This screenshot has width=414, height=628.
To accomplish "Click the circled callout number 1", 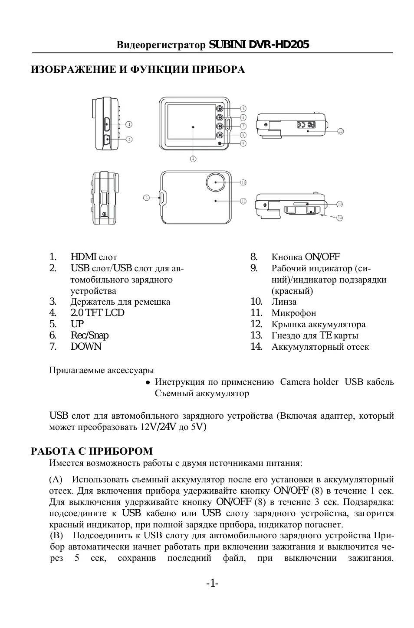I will pos(129,124).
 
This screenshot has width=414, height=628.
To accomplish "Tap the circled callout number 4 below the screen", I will pos(193,158).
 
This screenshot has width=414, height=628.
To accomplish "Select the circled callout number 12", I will pos(340,130).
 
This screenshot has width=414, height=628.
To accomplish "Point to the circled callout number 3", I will pos(147,197).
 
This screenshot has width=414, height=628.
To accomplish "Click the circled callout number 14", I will pos(339,218).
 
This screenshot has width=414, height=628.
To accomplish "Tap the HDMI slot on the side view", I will pos(107,124).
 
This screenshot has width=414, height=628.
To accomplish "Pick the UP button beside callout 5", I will pos(221,109).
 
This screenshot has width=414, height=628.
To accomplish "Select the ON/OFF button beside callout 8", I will pos(221,135).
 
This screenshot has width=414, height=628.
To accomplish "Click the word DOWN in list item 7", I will pos(86,347).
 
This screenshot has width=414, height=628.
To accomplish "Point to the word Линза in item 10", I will pos(284,302).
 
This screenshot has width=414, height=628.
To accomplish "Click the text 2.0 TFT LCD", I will pos(97,313).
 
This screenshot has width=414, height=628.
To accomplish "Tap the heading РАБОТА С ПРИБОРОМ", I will pos(92,451).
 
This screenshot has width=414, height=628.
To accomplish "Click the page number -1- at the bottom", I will pos(212,584).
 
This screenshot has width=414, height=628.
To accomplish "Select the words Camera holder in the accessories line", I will pos(309,382).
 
